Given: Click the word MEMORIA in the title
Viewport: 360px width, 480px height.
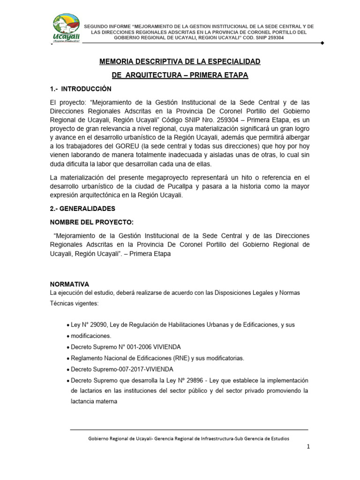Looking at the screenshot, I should (117, 61).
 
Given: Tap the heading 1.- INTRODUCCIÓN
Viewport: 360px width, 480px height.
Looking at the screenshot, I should (80, 89).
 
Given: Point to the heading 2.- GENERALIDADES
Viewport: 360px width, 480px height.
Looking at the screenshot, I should (82, 208).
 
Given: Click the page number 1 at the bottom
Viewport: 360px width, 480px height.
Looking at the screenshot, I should (308, 447).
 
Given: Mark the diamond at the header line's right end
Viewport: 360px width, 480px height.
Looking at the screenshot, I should (322, 43).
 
